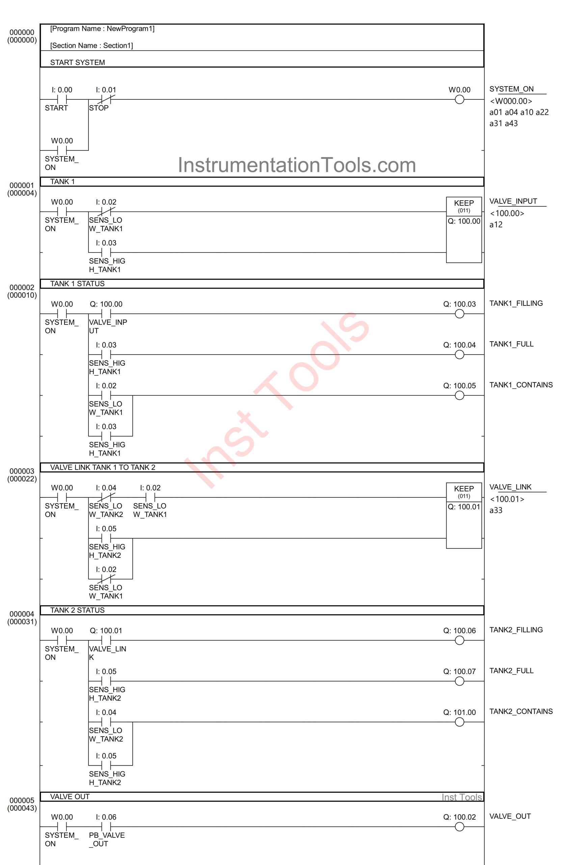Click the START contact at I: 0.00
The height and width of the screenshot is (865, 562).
point(62,99)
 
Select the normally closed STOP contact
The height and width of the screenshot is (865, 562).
point(106,99)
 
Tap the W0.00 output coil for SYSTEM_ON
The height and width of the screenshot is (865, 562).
point(459,99)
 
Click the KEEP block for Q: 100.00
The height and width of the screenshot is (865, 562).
point(464,229)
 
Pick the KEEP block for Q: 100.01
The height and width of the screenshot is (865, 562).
point(464,515)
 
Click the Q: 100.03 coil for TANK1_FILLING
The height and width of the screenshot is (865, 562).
point(459,314)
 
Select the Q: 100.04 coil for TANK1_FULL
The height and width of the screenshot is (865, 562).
point(459,354)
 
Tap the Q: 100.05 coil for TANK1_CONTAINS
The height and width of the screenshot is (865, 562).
point(459,395)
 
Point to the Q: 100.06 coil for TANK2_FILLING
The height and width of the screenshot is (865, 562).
point(459,640)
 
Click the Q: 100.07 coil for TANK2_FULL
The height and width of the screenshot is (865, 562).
point(459,681)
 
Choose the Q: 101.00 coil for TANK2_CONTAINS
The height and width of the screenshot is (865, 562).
point(459,722)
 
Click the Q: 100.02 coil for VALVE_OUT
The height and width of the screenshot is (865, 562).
point(459,826)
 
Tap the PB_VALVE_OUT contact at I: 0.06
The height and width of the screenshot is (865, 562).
point(106,826)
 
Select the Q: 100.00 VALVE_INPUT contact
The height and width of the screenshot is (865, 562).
point(106,314)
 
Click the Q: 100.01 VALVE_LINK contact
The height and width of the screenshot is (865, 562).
point(106,640)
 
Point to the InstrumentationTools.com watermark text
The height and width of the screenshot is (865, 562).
point(297,165)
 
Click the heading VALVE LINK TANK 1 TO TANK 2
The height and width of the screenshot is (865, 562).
point(102,467)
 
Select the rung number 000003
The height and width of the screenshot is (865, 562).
point(22,471)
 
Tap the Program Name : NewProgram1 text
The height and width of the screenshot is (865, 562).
point(102,29)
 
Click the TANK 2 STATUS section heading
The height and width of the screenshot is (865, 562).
point(77,610)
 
